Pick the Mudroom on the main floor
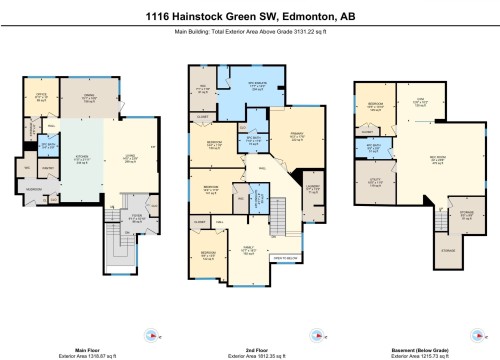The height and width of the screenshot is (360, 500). pos(33,187)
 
